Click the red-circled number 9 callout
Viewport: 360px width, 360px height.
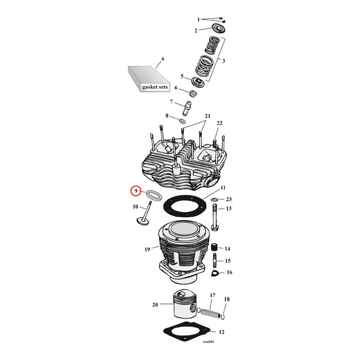[x=135, y=191]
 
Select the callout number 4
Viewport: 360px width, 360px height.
[x=162, y=59]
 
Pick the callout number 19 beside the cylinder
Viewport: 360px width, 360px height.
[x=147, y=249]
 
